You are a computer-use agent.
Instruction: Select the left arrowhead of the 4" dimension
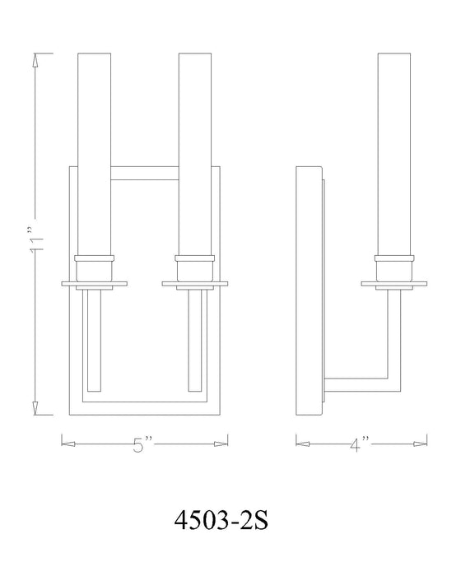pyautogui.click(x=302, y=444)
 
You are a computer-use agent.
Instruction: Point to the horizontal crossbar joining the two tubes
pyautogui.click(x=143, y=174)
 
